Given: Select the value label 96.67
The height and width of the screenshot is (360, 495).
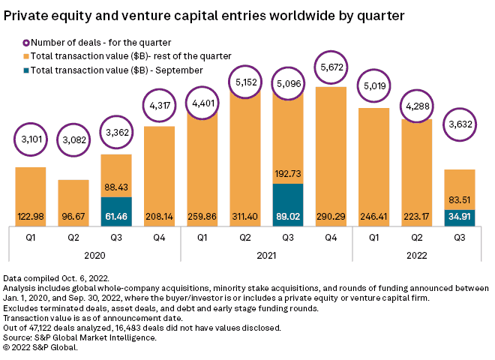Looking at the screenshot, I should [x=73, y=217].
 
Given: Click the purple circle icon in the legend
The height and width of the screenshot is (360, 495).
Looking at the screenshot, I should [x=27, y=42].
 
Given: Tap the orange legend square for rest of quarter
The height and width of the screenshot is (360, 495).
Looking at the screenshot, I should [x=27, y=55].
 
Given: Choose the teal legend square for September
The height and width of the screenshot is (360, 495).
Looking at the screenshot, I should [x=27, y=70].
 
